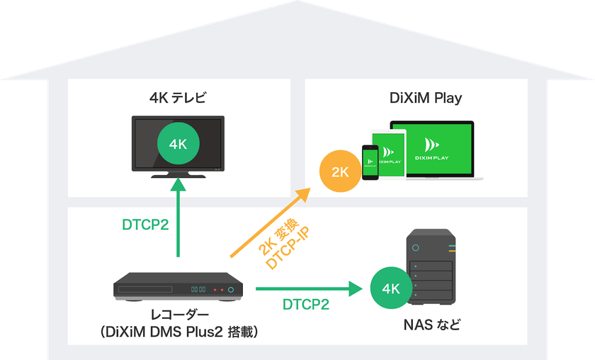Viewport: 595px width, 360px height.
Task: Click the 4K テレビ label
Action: click(x=178, y=98)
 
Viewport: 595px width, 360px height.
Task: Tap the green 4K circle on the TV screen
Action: click(x=178, y=144)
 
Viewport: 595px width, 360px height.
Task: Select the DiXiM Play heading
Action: click(x=426, y=99)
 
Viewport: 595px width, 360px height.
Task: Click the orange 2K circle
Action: click(x=341, y=171)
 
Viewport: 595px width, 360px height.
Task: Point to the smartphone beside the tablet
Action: click(x=370, y=162)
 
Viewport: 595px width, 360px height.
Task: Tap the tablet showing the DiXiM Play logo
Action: click(x=388, y=154)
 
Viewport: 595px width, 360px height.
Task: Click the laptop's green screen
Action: click(x=432, y=149)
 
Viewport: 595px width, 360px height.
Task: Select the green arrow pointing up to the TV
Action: click(x=178, y=218)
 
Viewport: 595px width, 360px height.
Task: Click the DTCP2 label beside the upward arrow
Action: click(x=145, y=225)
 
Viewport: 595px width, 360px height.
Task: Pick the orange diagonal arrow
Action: click(x=271, y=223)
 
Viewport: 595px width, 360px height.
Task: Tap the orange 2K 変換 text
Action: click(x=278, y=236)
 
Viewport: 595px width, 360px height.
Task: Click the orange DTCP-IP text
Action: click(x=288, y=248)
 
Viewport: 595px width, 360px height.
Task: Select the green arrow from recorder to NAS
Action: click(x=309, y=289)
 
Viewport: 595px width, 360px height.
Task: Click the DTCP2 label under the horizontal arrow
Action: click(x=306, y=305)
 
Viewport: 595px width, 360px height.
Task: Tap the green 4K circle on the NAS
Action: click(x=391, y=288)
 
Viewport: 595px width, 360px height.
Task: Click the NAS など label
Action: click(x=432, y=325)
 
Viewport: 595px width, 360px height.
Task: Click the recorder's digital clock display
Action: click(x=198, y=289)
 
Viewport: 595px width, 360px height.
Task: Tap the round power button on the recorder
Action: click(x=231, y=290)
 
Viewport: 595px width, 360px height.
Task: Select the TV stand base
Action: click(x=178, y=176)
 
